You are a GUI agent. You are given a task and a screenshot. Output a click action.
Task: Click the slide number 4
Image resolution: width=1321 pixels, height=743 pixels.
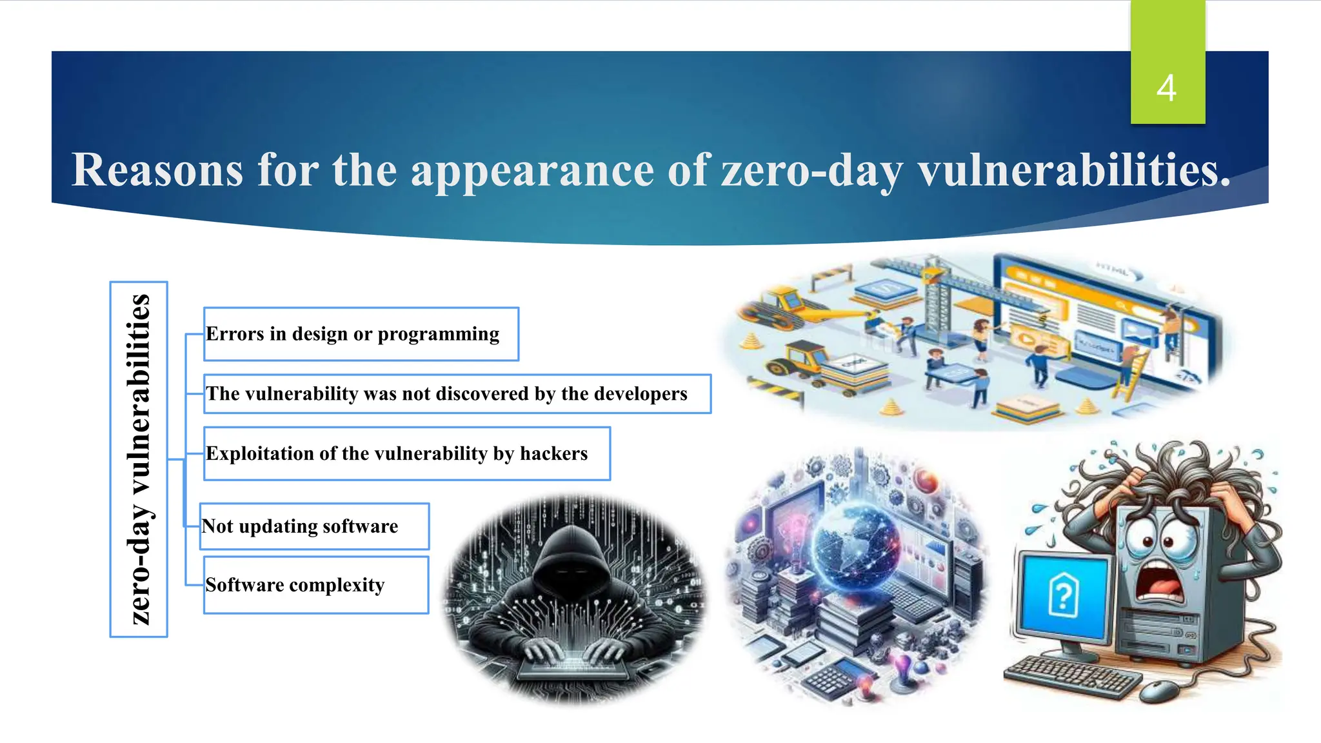[x=1166, y=88]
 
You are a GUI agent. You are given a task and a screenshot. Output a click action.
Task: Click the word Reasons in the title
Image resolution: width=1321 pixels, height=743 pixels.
[x=157, y=170]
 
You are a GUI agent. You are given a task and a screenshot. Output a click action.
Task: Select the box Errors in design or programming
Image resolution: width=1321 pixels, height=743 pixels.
[x=361, y=334]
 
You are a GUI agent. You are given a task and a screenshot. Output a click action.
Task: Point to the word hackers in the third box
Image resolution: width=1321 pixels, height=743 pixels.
[x=553, y=453]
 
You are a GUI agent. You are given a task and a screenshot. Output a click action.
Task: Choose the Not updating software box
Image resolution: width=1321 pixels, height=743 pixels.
[x=314, y=526]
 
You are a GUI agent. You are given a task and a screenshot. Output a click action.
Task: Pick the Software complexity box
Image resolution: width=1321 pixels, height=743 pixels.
[x=316, y=585]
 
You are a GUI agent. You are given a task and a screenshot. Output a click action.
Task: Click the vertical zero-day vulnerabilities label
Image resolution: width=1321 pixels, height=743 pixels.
[x=139, y=459]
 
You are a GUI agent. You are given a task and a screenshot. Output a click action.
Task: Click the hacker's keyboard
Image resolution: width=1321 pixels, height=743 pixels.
[x=573, y=667]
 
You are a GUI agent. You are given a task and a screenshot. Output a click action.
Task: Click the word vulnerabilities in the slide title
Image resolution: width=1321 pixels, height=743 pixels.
[x=1074, y=170]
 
